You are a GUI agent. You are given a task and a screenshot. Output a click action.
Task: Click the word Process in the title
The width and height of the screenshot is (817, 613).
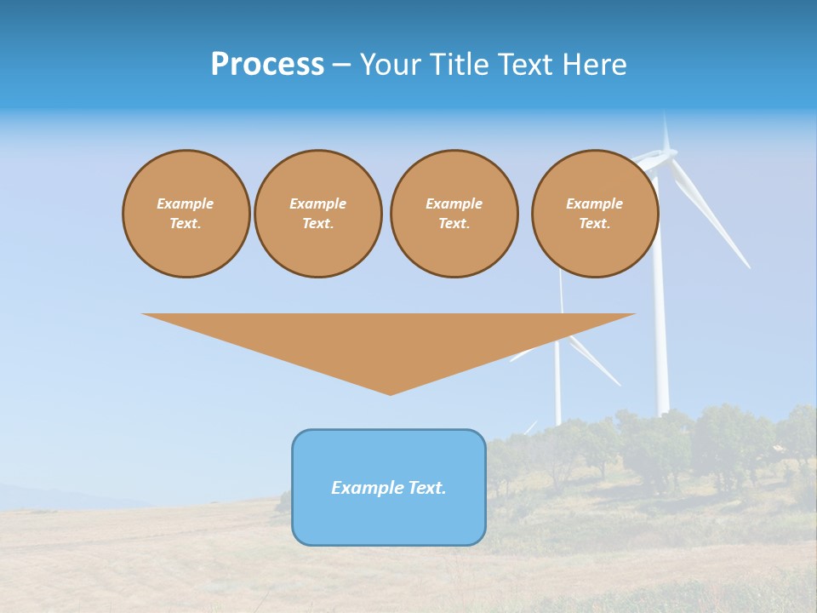point(267,65)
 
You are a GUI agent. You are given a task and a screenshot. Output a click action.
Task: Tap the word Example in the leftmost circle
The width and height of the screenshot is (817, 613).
point(185,203)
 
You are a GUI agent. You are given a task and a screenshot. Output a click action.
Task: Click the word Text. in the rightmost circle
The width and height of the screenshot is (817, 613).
point(594,223)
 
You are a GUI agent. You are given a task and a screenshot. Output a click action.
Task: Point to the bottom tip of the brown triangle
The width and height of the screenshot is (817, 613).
point(390,392)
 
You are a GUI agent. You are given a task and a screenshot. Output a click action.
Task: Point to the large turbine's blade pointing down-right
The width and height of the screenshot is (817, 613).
point(715,221)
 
